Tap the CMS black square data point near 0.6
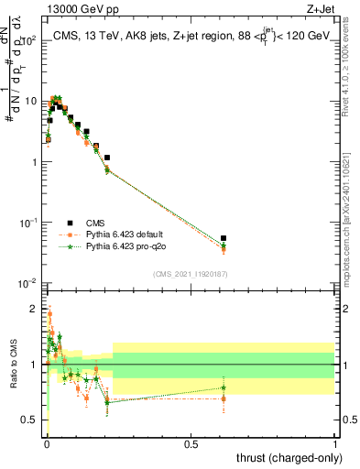pos(224,238)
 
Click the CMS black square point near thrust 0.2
pos(107,158)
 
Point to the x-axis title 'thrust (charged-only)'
pos(286,456)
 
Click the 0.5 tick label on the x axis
pos(191,443)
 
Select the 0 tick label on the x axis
pos(46,443)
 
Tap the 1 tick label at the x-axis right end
pos(335,443)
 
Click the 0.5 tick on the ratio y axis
pos(32,420)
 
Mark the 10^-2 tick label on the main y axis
pos(28,283)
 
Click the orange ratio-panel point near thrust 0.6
pos(224,398)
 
